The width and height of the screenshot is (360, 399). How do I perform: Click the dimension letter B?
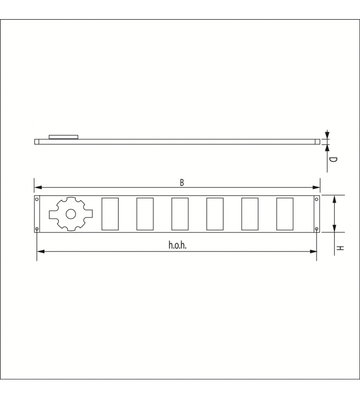(x=182, y=183)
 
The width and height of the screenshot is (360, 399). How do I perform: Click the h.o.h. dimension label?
(x=177, y=245)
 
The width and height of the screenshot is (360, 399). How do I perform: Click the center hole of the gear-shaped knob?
(x=71, y=214)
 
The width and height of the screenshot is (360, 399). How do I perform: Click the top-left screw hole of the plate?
(x=37, y=199)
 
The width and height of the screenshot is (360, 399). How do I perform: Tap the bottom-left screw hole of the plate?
(x=37, y=229)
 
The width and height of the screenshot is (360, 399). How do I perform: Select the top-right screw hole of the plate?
(x=317, y=199)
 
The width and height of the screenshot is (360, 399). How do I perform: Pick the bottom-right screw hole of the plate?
(x=317, y=229)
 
